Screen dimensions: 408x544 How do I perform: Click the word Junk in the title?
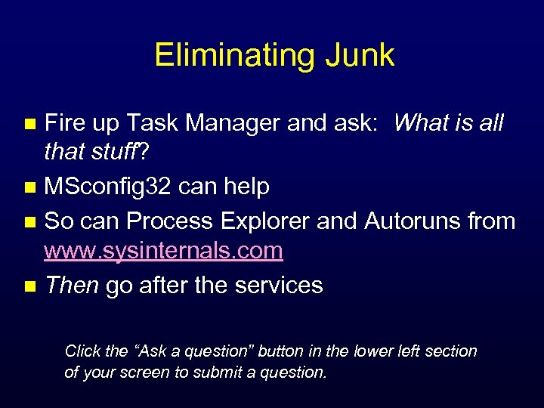360,55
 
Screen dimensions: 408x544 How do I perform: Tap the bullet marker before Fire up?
30,123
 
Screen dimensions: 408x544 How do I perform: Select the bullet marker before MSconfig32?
30,187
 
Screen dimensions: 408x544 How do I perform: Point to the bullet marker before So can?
30,222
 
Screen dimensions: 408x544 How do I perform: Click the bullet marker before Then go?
30,286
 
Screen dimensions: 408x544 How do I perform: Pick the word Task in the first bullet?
151,122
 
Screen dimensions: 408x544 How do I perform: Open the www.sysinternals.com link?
163,250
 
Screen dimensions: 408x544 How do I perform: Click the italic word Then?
72,286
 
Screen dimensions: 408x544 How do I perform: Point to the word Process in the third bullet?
170,221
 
